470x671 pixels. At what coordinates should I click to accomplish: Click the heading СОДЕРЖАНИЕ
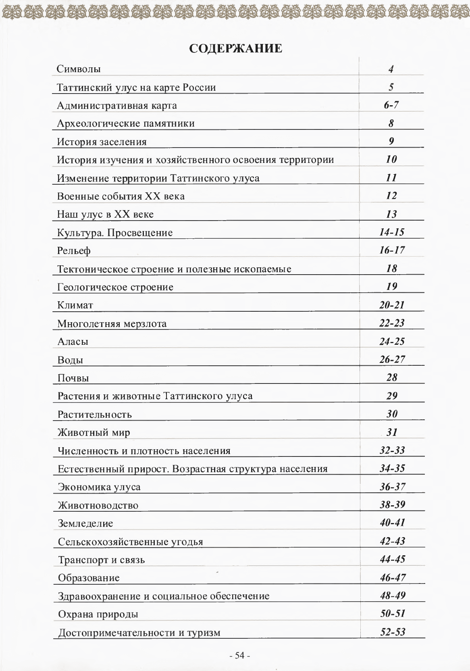[235, 49]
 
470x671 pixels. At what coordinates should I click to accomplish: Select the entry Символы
[79, 69]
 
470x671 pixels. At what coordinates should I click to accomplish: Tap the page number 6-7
[391, 105]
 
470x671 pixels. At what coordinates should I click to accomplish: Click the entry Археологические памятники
[126, 123]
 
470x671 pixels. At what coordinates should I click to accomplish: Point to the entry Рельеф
[74, 251]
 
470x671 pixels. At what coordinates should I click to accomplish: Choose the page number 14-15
[392, 232]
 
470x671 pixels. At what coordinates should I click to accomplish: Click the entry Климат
[75, 305]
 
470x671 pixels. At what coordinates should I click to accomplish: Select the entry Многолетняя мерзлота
[112, 323]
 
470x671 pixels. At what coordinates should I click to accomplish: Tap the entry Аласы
[73, 342]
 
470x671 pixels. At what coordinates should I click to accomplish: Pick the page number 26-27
[392, 359]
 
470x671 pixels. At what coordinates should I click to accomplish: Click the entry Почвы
[73, 378]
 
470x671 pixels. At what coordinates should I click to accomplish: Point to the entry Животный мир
[94, 433]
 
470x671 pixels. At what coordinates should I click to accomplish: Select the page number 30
[392, 414]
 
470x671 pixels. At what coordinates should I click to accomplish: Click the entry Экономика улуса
[99, 487]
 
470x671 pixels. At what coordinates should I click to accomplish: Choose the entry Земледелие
[85, 523]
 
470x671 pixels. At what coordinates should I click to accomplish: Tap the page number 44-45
[392, 559]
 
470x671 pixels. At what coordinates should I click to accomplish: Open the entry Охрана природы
[98, 614]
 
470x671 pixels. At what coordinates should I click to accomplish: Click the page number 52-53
[393, 632]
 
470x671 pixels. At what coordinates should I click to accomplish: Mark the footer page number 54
[240, 656]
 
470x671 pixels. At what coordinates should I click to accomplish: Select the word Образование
[89, 578]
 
